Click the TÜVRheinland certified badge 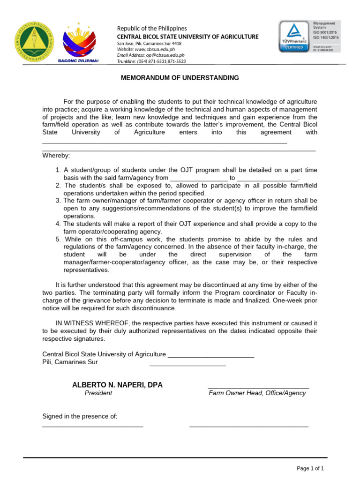(294, 36)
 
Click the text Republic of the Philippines (151, 29)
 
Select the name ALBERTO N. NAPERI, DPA (117, 385)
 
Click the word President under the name (98, 393)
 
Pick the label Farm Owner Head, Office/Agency (257, 393)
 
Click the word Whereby (56, 156)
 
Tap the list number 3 (58, 201)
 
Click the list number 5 (58, 239)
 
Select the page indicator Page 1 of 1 (310, 468)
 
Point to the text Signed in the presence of (80, 416)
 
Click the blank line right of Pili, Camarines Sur (187, 365)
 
